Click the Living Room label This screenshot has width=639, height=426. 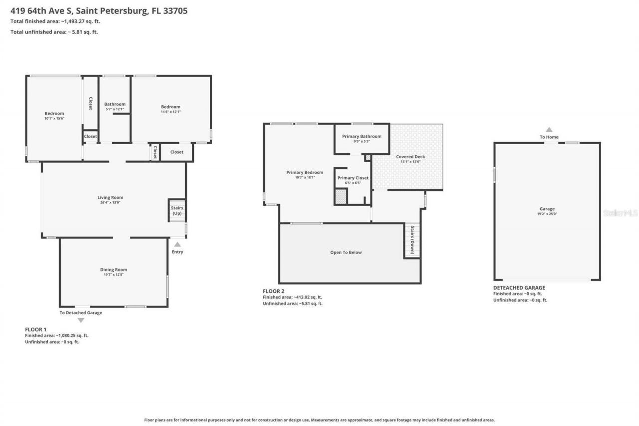[110, 197]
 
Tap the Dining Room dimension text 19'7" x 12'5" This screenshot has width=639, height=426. [114, 275]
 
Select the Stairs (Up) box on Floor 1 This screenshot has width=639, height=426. [177, 211]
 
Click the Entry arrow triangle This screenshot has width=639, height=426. [177, 244]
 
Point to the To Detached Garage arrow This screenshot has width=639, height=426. [81, 320]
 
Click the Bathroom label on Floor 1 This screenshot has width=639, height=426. [115, 104]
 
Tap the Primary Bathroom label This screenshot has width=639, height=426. [362, 136]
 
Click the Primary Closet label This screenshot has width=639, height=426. [353, 178]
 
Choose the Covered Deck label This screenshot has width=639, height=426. [411, 157]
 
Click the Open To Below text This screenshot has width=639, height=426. [346, 252]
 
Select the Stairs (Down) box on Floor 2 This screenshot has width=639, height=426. [412, 240]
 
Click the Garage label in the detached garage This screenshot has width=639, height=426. [547, 209]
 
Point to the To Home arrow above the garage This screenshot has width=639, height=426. [549, 129]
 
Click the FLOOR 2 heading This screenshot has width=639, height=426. [273, 291]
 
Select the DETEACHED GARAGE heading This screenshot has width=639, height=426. [519, 288]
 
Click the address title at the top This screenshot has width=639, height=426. [99, 10]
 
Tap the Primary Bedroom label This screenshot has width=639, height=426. [305, 172]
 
